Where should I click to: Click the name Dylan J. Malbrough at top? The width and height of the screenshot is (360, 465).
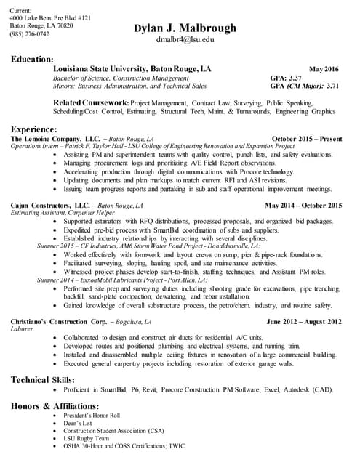coord(185,28)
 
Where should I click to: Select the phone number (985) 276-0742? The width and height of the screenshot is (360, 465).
coord(30,34)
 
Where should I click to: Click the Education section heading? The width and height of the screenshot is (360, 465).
coord(31,58)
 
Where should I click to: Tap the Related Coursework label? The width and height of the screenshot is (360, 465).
coord(92,103)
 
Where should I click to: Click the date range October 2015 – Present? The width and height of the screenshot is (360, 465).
coord(306,138)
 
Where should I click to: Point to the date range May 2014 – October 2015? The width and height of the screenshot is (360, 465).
coord(303,206)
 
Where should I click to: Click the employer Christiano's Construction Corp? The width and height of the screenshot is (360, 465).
coord(63,321)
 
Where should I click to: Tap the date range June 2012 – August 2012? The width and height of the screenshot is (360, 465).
coord(304,321)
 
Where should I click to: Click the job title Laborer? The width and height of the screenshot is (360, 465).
coord(23,328)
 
